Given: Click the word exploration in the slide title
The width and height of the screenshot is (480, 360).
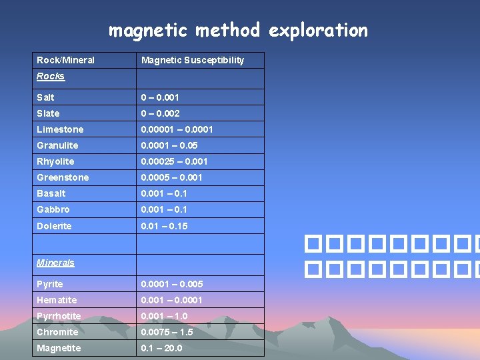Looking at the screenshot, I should pyautogui.click(x=319, y=31).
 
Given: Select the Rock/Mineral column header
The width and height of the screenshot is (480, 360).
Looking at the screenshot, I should pyautogui.click(x=66, y=60).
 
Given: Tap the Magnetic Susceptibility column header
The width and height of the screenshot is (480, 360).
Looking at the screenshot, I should pyautogui.click(x=193, y=60).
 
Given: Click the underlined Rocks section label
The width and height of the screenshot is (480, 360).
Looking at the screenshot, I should pyautogui.click(x=51, y=77).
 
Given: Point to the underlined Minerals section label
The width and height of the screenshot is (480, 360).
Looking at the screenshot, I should pyautogui.click(x=55, y=263).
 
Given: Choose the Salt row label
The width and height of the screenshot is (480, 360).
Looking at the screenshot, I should pyautogui.click(x=46, y=97).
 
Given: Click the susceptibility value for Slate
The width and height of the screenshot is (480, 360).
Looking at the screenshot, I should pyautogui.click(x=160, y=113).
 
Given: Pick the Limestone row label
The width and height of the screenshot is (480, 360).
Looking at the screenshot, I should pyautogui.click(x=60, y=129).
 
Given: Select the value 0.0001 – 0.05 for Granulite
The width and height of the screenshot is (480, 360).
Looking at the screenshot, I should pyautogui.click(x=169, y=145).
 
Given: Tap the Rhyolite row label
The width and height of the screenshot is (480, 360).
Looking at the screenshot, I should pyautogui.click(x=55, y=161).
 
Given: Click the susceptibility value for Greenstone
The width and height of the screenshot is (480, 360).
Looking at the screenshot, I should pyautogui.click(x=171, y=177).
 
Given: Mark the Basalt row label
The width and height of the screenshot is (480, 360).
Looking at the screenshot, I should pyautogui.click(x=51, y=193).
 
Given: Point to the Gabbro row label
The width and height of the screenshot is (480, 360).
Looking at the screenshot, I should pyautogui.click(x=53, y=209).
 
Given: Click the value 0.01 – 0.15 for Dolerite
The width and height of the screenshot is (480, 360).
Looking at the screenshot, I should pyautogui.click(x=164, y=226).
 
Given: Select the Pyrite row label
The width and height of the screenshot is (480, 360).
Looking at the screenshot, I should pyautogui.click(x=50, y=284).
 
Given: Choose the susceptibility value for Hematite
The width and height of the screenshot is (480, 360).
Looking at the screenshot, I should pyautogui.click(x=171, y=300).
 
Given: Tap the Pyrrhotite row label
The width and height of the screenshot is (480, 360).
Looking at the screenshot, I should pyautogui.click(x=59, y=316).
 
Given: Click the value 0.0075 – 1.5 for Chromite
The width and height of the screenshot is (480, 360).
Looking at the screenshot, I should pyautogui.click(x=167, y=332).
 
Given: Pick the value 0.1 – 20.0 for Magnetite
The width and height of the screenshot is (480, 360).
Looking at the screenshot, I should pyautogui.click(x=161, y=348).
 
